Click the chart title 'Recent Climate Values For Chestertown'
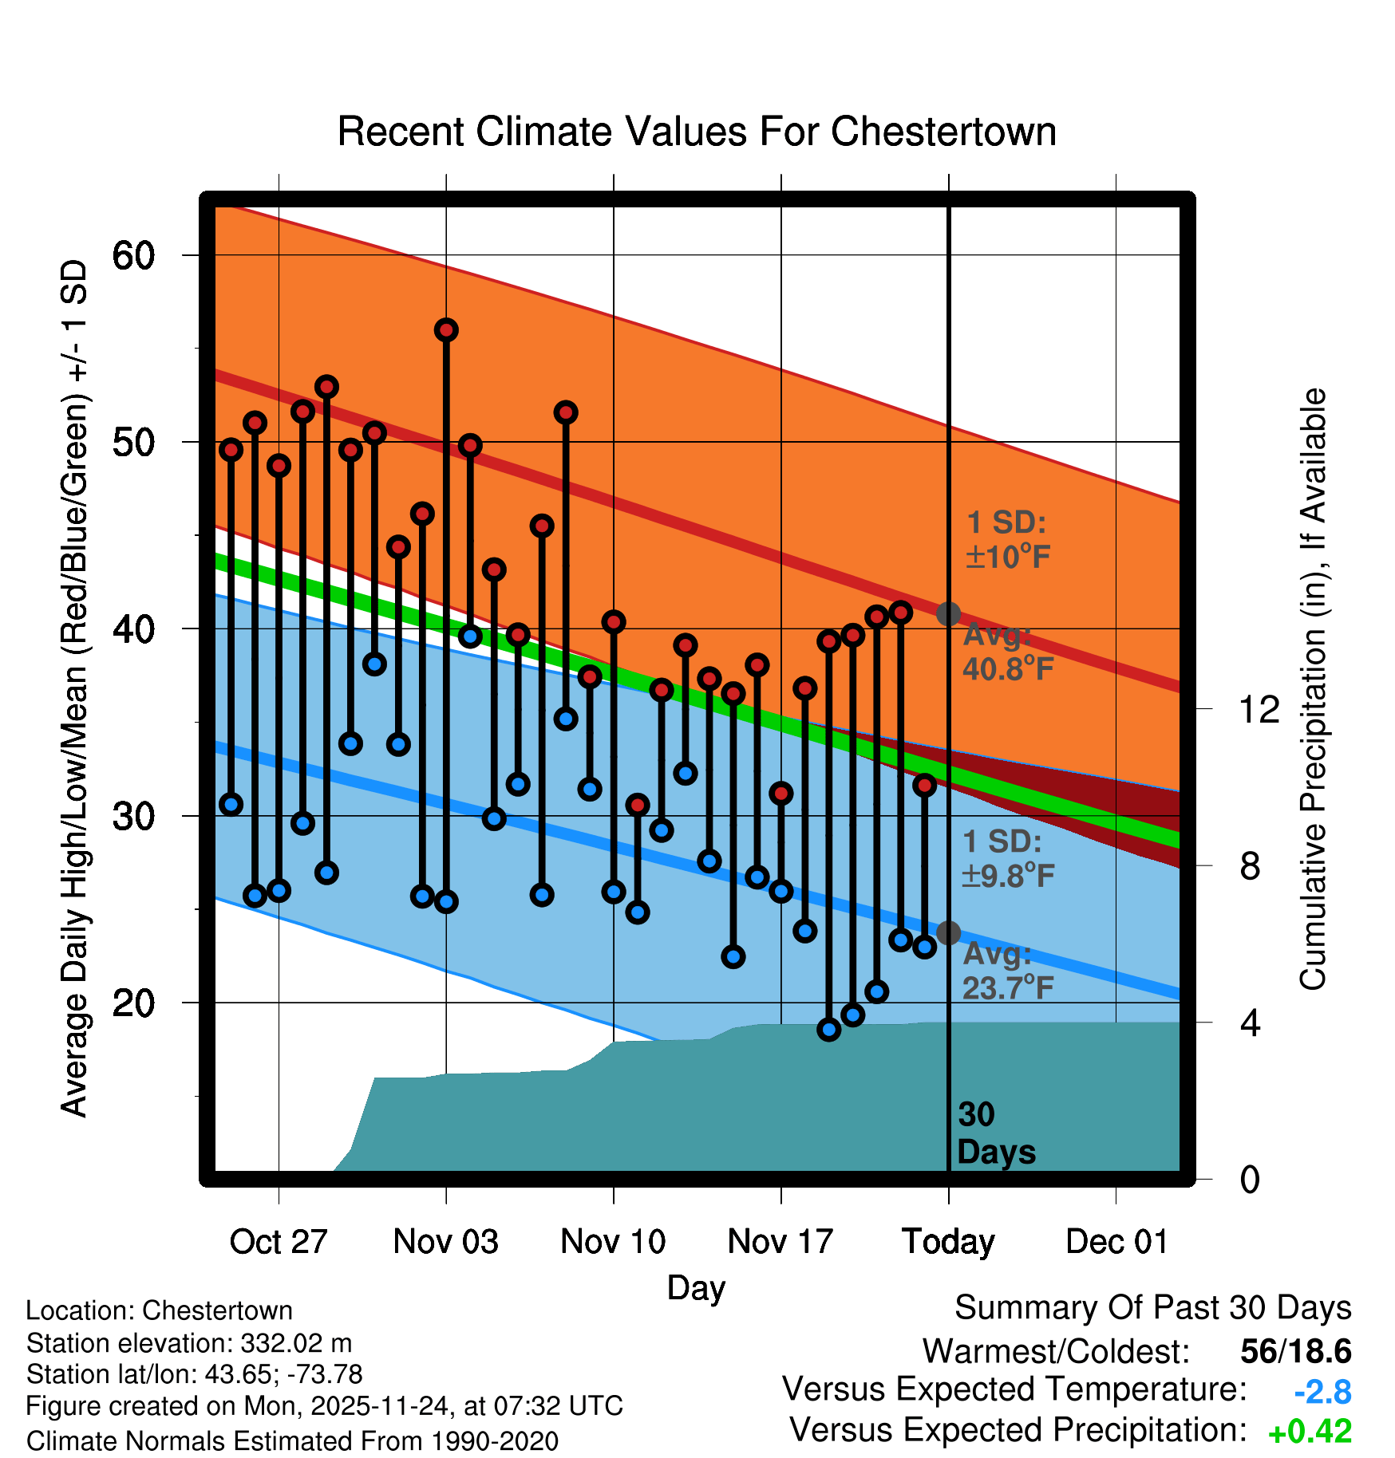pos(697,132)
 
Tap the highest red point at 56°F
pos(446,330)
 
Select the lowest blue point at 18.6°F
pos(829,1030)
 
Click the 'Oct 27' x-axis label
pos(279,1242)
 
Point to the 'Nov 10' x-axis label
pos(613,1242)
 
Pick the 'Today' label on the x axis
pos(948,1242)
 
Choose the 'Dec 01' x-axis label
pos(1116,1242)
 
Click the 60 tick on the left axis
pos(133,255)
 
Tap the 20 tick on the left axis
pos(133,1003)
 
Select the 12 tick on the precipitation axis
pos(1259,709)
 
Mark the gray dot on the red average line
pos(948,614)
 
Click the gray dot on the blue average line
pos(948,932)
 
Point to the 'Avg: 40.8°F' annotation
pos(1008,652)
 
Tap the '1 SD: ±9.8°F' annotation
pos(1008,859)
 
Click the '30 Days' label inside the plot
pos(995,1133)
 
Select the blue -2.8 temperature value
pos(1322,1393)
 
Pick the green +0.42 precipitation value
pos(1310,1432)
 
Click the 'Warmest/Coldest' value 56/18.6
pos(1295,1351)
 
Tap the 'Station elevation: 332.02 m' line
pos(189,1343)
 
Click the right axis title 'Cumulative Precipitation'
pos(1313,690)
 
